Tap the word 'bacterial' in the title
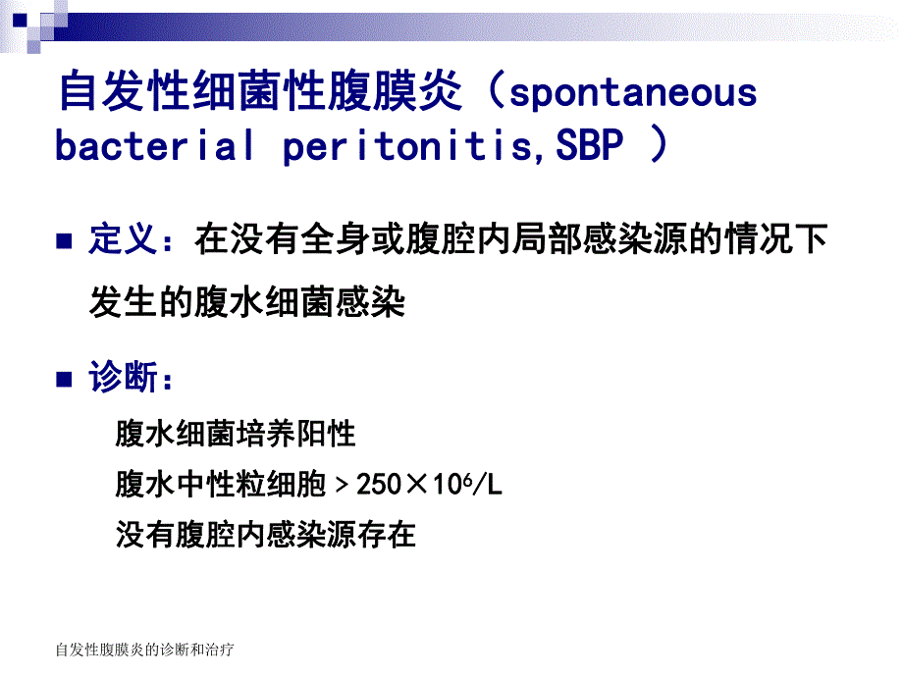(x=155, y=146)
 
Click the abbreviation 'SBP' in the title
(x=591, y=146)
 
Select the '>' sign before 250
(x=342, y=484)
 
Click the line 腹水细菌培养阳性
(x=236, y=433)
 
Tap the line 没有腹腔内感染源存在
(x=266, y=535)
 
